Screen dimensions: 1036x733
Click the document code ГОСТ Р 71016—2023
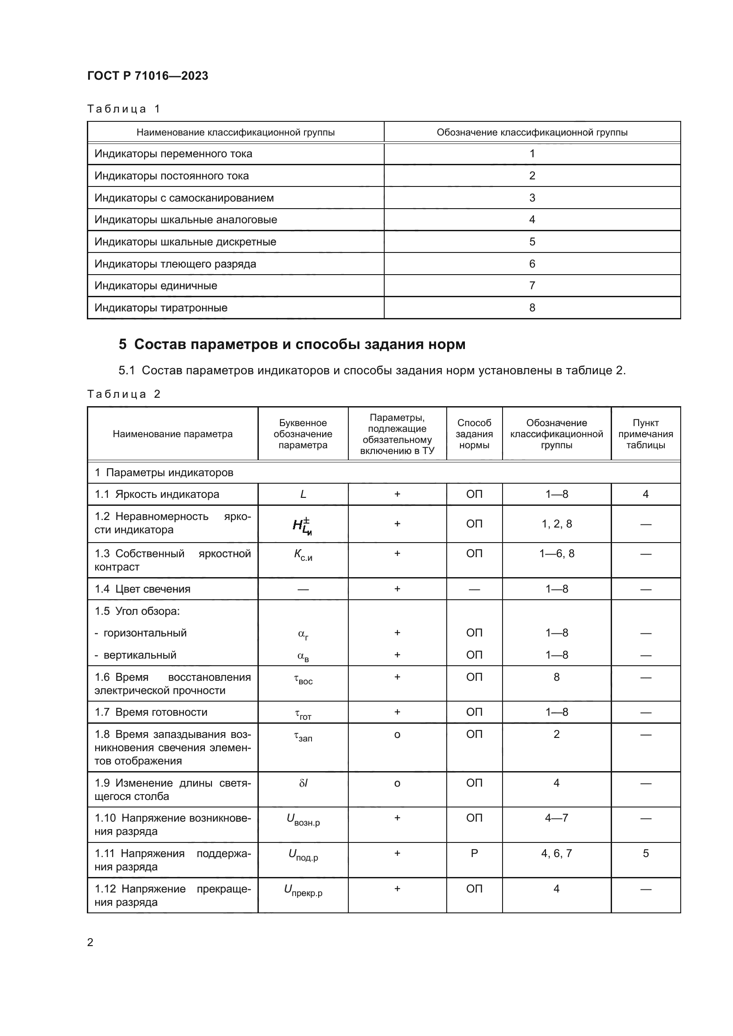[148, 76]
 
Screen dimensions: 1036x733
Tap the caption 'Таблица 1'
[124, 109]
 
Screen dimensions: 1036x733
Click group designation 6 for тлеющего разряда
[532, 264]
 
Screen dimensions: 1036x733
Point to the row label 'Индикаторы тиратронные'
[161, 308]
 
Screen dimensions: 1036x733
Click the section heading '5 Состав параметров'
[292, 344]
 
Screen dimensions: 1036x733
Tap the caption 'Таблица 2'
[124, 394]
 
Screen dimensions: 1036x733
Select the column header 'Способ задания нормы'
[474, 434]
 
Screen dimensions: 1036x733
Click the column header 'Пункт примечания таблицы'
[645, 434]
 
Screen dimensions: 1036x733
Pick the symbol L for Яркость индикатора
[303, 494]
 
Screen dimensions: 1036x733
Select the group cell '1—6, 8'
[556, 554]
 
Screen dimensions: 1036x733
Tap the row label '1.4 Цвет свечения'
[142, 589]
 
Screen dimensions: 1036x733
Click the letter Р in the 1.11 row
[474, 853]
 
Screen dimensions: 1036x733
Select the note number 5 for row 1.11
[645, 853]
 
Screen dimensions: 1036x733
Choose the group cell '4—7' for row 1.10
[556, 818]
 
